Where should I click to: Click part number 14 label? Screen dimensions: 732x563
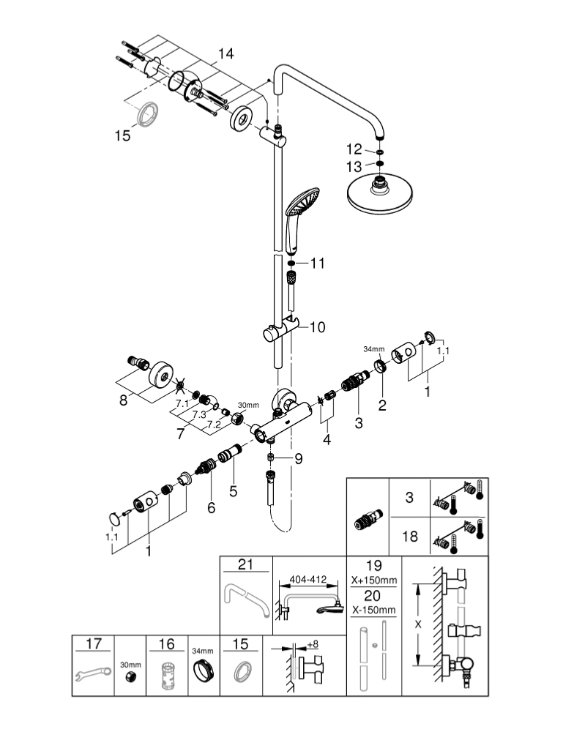[225, 53]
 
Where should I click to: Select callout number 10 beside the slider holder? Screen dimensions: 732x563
[318, 327]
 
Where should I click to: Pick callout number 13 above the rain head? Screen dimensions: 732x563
[354, 166]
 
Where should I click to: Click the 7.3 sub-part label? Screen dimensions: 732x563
[200, 415]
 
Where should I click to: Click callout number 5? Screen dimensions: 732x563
[233, 492]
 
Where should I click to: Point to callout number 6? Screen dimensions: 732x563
[211, 507]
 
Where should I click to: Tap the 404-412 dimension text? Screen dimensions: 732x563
[307, 578]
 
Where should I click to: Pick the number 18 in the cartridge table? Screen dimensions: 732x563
[410, 537]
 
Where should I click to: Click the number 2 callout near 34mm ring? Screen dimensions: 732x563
[381, 405]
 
